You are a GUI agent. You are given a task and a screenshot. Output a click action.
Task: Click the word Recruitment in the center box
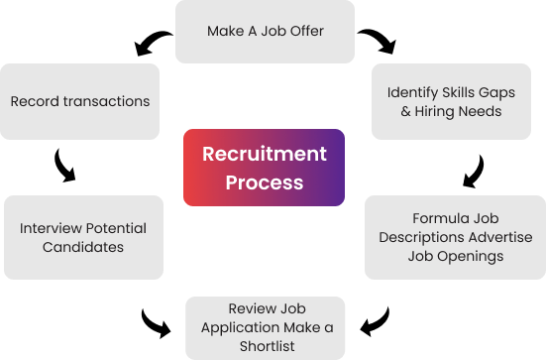[x=264, y=154]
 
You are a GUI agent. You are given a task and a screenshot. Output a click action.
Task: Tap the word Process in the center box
[x=264, y=182]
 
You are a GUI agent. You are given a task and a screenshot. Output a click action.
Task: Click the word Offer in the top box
[x=305, y=31]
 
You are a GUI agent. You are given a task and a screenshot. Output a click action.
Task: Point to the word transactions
[x=105, y=101]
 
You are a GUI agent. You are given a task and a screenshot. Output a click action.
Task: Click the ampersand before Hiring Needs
[x=405, y=111]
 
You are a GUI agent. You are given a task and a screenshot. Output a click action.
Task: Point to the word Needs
[x=480, y=111]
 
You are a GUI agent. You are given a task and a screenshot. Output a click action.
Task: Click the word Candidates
[x=83, y=246]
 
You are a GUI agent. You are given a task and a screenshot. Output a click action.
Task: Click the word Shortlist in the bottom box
[x=266, y=346]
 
